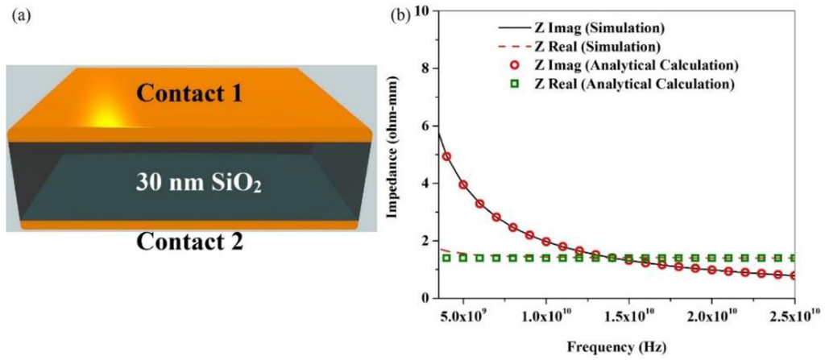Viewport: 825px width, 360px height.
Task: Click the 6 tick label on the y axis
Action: [426, 126]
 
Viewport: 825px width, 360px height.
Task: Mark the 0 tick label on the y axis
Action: [426, 298]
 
